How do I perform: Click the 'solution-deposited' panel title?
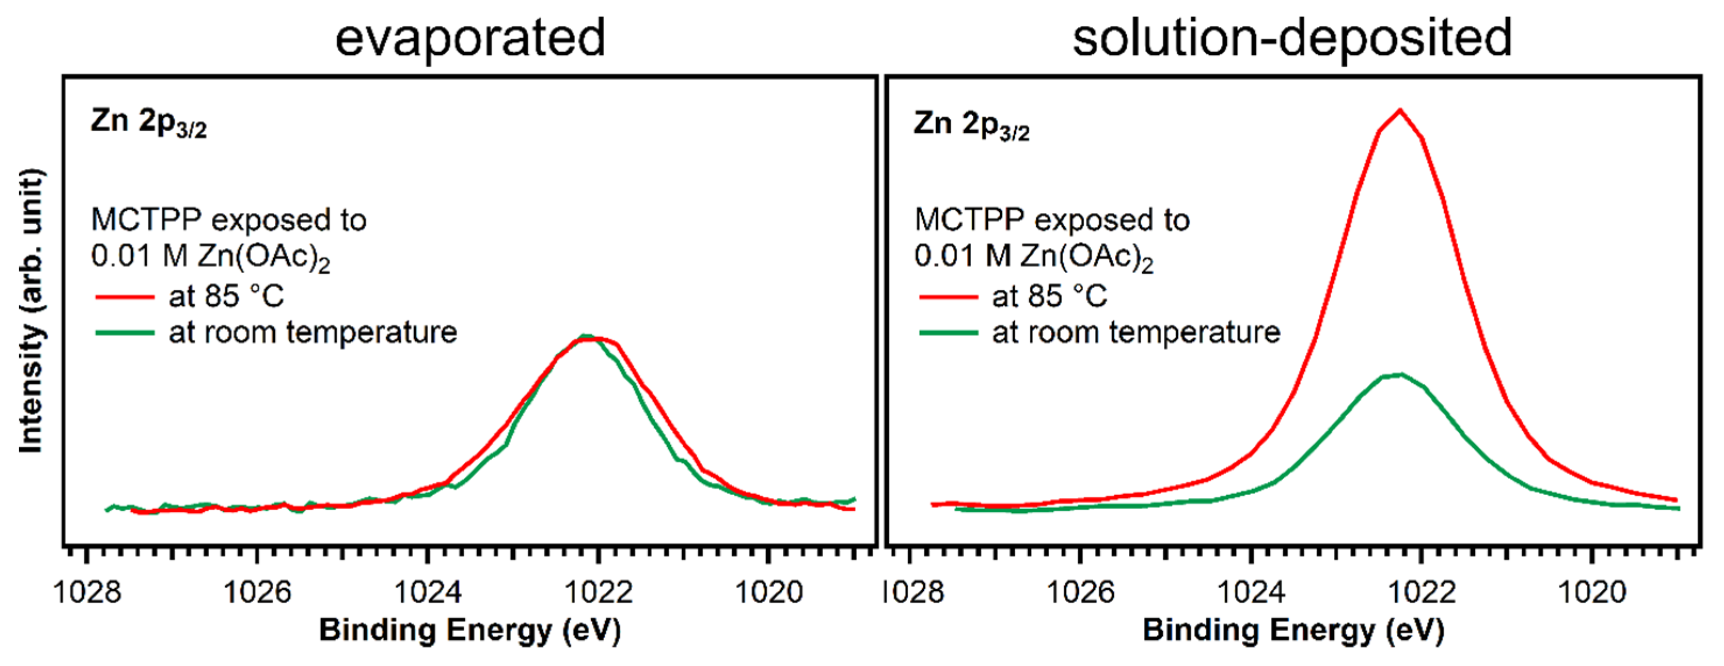click(1292, 37)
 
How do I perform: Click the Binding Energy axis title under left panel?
click(470, 630)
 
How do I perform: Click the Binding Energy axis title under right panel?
click(1293, 630)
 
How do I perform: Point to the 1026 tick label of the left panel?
click(257, 592)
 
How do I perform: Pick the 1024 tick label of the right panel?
click(1250, 592)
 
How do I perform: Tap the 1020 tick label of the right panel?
click(1592, 592)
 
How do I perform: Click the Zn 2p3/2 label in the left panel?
click(148, 123)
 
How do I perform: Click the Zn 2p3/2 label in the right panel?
click(972, 125)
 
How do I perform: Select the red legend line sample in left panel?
click(125, 297)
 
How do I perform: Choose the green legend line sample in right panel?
click(948, 332)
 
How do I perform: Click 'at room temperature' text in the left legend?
click(313, 332)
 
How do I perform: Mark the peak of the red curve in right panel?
click(1400, 110)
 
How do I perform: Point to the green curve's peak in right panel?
click(1400, 374)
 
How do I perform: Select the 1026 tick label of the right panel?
click(1079, 592)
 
